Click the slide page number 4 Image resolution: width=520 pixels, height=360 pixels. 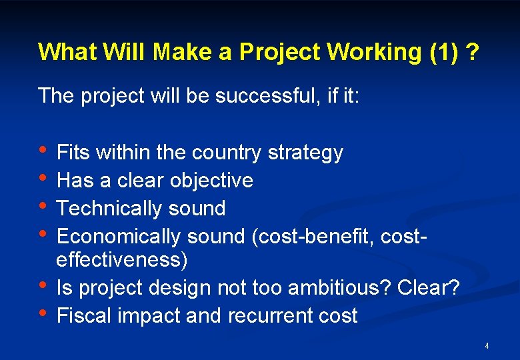click(x=487, y=346)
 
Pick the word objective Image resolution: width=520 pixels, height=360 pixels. click(x=211, y=181)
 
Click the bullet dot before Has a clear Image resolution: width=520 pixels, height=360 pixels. click(x=43, y=178)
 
